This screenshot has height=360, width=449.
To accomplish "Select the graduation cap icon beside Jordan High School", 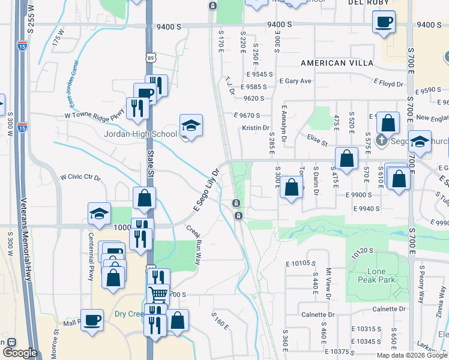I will pos(191,125).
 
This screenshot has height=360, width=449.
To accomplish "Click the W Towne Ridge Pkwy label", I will pos(94,112).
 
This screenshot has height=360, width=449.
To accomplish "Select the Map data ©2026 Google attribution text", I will pos(412,355).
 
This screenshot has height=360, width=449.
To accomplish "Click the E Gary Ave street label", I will pos(296,81).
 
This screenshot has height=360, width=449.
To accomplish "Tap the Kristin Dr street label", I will pos(256,128).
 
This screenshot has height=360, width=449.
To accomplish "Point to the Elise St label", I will pos(317,142).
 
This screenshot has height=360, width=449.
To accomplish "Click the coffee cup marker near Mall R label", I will pos(92,319).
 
